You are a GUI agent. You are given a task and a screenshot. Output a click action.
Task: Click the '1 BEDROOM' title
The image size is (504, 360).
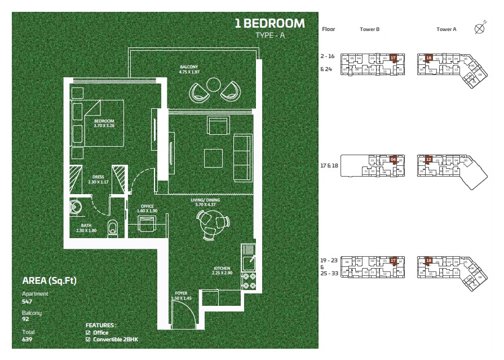(269, 24)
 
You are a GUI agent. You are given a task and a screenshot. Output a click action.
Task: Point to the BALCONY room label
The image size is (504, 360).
(189, 67)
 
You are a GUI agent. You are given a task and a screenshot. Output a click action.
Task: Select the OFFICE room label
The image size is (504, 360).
(147, 206)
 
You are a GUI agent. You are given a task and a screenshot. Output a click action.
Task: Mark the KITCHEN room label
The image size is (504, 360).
(221, 268)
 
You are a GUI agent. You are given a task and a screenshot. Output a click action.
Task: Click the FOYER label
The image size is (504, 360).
(180, 293)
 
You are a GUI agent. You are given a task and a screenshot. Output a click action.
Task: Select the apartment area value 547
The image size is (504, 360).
(27, 301)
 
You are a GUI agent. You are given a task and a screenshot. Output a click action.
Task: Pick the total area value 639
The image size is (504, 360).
(27, 339)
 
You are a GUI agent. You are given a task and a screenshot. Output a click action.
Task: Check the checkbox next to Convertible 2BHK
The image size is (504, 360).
(87, 339)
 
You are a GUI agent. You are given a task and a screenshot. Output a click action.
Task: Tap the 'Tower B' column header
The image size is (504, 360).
(369, 29)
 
